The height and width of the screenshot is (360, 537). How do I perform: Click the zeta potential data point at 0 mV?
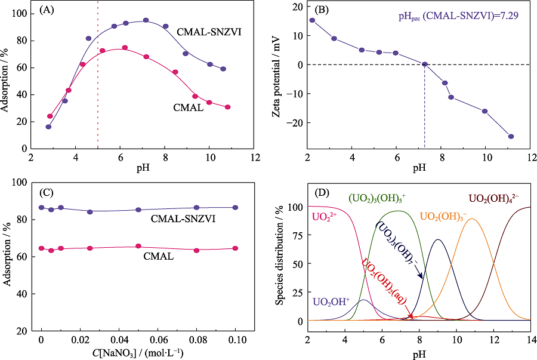tap(425, 64)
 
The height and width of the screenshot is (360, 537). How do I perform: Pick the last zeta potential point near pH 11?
tap(511, 137)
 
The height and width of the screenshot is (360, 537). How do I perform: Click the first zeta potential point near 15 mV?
tap(312, 20)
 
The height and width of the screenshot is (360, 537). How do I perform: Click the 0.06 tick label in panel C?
tap(158, 339)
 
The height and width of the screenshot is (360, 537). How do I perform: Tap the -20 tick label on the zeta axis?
tap(294, 123)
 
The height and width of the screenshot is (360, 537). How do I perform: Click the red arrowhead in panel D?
tap(412, 317)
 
